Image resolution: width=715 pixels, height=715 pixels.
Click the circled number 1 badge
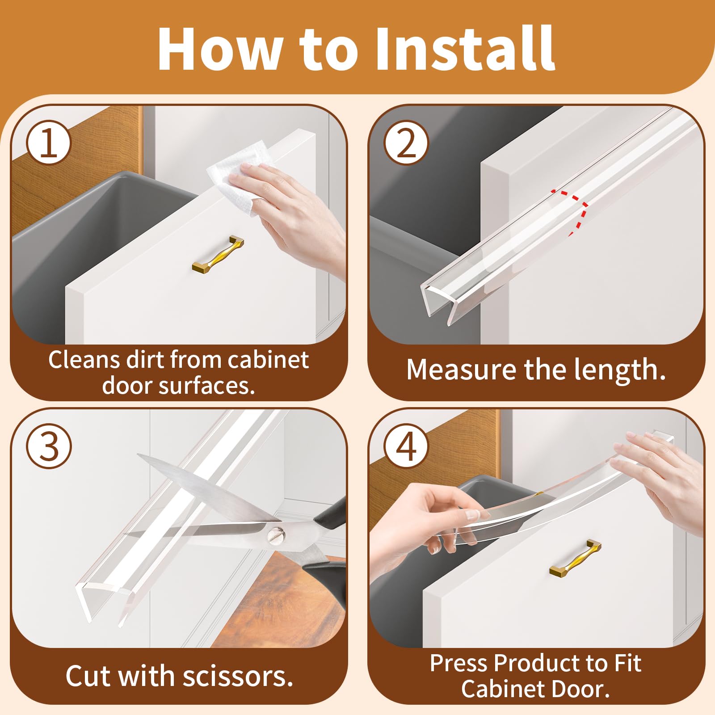[x=49, y=143]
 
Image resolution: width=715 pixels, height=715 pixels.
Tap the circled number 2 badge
[x=406, y=143]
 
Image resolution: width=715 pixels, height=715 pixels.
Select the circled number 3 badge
[x=49, y=446]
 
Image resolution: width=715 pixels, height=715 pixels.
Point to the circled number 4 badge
[x=406, y=446]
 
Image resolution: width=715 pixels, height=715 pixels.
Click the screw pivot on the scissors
[x=274, y=534]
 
